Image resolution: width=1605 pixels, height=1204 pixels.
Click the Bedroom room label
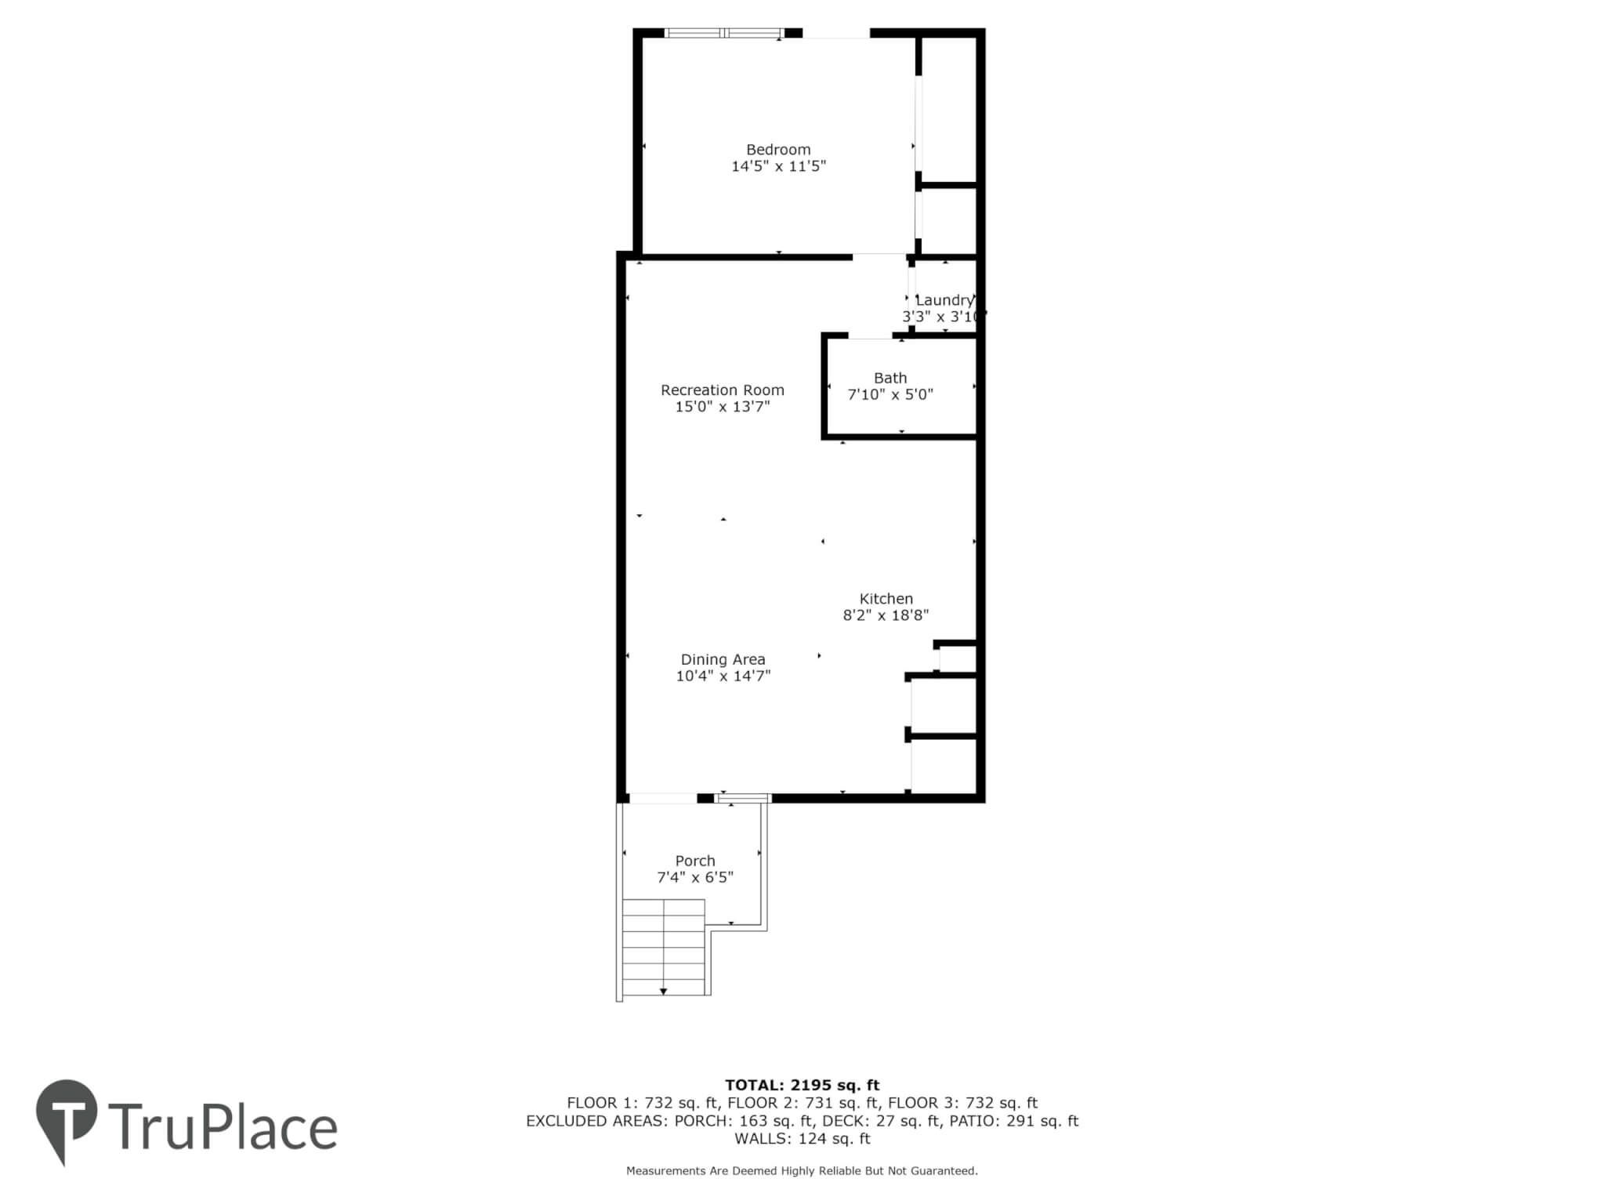tap(778, 149)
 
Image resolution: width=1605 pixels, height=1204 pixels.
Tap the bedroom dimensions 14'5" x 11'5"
tap(778, 166)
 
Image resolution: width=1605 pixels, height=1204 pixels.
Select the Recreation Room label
tap(722, 390)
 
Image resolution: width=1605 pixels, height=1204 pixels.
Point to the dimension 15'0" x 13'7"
tap(723, 407)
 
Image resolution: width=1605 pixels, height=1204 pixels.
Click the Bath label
tap(890, 378)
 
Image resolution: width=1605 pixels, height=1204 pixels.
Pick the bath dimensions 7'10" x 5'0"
tap(890, 394)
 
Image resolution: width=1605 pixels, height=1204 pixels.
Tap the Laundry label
tap(944, 300)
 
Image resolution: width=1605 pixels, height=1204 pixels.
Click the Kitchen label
tap(886, 599)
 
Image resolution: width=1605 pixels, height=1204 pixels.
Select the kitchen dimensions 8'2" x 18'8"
tap(886, 615)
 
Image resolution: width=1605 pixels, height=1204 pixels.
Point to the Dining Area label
tap(723, 660)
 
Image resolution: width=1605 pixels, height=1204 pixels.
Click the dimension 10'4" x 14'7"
tap(723, 676)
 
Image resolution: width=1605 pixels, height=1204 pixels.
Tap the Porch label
tap(695, 861)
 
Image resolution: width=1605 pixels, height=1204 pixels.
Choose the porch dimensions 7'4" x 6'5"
tap(695, 877)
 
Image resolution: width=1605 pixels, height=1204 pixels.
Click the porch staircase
tap(664, 947)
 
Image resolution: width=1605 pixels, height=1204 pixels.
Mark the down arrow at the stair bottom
tap(664, 992)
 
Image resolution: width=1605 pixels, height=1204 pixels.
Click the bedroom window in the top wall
tap(723, 33)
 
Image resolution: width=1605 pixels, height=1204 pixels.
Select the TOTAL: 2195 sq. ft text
tap(802, 1086)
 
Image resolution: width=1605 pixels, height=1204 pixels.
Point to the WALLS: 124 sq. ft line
tap(802, 1139)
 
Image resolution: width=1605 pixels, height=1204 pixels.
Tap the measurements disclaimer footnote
tap(802, 1171)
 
